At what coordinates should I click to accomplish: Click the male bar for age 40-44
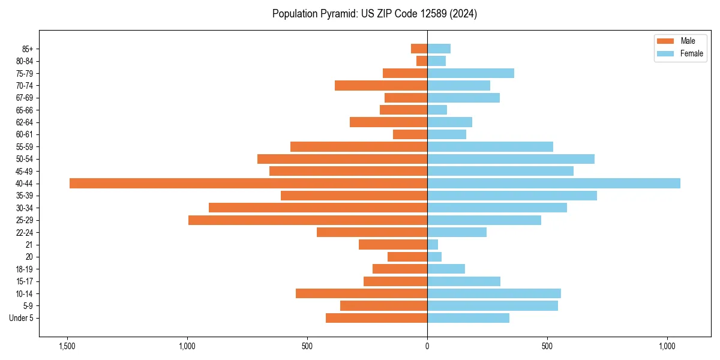coord(248,184)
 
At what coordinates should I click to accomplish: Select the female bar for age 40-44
coord(554,184)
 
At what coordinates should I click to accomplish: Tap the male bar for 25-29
coord(308,220)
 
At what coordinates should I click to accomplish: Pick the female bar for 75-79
coord(470,73)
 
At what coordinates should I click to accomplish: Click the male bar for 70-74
coord(381,86)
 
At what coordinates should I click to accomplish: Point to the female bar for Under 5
coord(468,318)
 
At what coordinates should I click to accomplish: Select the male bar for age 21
coord(393,245)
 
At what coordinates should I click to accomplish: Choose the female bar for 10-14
coord(494,293)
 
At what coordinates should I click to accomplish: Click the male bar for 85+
coord(419,49)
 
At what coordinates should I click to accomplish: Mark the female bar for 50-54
coord(511,159)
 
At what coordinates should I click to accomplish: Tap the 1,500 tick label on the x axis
coord(67,346)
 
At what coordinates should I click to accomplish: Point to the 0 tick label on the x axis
coord(427,346)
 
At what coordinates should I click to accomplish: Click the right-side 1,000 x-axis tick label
coord(667,346)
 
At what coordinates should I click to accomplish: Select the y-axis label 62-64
coord(25,122)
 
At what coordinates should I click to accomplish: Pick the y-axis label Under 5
coord(22,318)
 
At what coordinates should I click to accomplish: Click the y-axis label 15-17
coord(25,281)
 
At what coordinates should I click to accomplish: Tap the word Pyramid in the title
coord(338,14)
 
